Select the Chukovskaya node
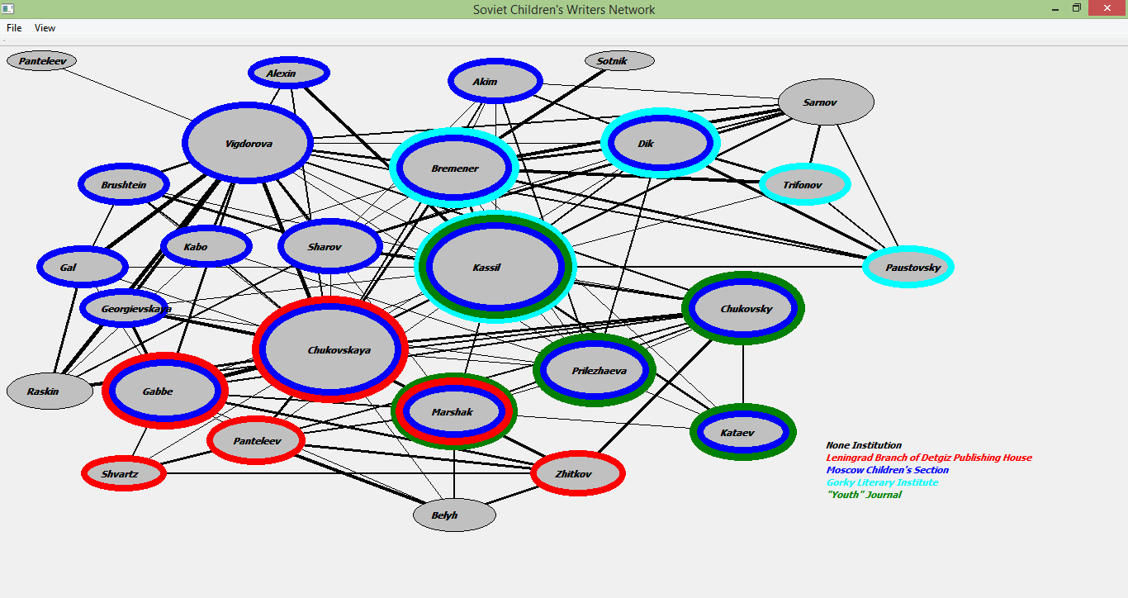[x=330, y=349]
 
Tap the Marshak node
[x=453, y=411]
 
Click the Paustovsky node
[x=908, y=267]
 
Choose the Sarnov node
[x=826, y=102]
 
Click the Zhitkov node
[x=578, y=473]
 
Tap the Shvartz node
[x=124, y=473]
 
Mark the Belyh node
[x=454, y=515]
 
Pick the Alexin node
[x=289, y=73]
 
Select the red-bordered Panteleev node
[x=256, y=440]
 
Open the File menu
[x=14, y=28]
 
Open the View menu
[x=45, y=28]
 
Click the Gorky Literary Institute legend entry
[x=882, y=482]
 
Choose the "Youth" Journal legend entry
[x=864, y=495]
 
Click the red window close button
[x=1107, y=8]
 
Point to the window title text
[x=564, y=10]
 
